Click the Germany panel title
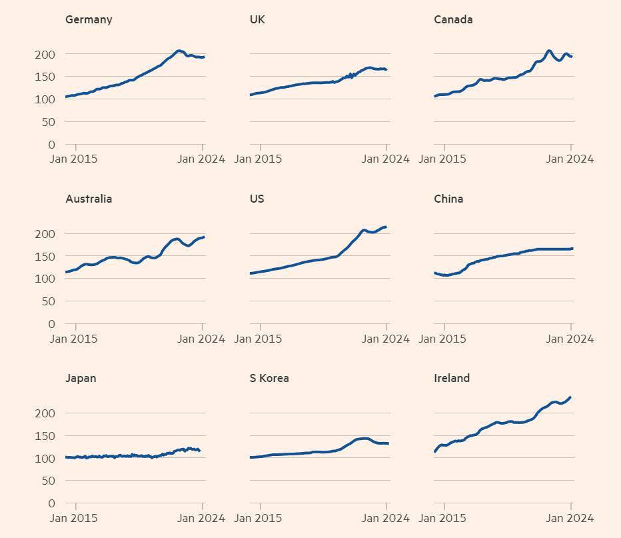coord(89,19)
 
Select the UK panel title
coord(257,19)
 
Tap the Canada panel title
coord(453,19)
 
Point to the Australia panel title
coord(89,199)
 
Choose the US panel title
coord(257,199)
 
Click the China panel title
coord(448,199)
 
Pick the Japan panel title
coord(81,378)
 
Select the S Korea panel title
coord(269,378)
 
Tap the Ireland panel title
coord(452,378)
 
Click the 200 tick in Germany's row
coord(46,54)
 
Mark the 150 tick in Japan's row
coord(46,436)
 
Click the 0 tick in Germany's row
coord(52,145)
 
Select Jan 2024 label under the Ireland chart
coord(570,518)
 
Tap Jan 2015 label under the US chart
coord(259,339)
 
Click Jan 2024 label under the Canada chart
coord(570,159)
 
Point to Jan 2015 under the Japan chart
coord(75,518)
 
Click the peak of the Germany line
coord(178,51)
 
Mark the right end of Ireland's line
coord(570,397)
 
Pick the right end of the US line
coord(386,227)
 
